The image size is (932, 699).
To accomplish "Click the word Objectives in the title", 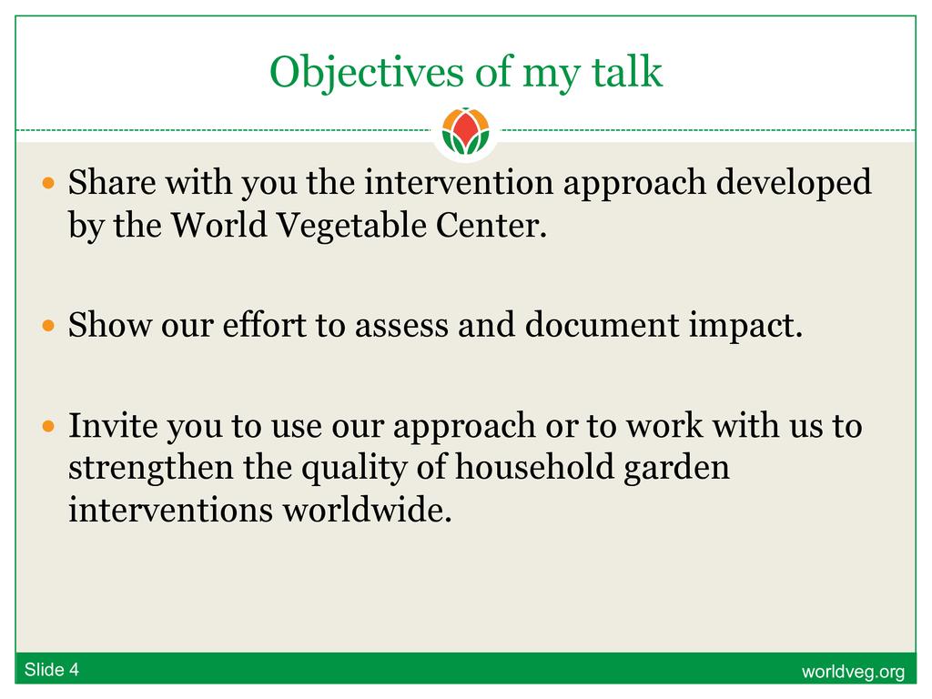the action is pyautogui.click(x=366, y=73).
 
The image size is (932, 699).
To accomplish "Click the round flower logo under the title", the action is pyautogui.click(x=465, y=131).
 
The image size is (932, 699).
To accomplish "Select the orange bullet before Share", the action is pyautogui.click(x=49, y=182).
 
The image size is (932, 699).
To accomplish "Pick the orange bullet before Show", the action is pyautogui.click(x=49, y=326).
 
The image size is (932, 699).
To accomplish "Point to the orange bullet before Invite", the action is pyautogui.click(x=49, y=426).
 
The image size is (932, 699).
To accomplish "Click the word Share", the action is pyautogui.click(x=112, y=182).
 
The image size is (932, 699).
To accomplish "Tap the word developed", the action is pyautogui.click(x=794, y=183).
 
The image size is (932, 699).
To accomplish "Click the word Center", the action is pyautogui.click(x=491, y=226).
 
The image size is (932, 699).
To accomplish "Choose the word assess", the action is pyautogui.click(x=401, y=327).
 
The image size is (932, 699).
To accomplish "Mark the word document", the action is pyautogui.click(x=602, y=325).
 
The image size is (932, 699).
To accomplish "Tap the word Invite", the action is pyautogui.click(x=112, y=426).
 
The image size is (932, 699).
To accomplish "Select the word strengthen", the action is pyautogui.click(x=150, y=469).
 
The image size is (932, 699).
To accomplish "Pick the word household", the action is pyautogui.click(x=534, y=467).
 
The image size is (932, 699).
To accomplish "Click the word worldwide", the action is pyautogui.click(x=367, y=510).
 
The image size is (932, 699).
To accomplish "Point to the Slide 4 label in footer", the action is pyautogui.click(x=52, y=670).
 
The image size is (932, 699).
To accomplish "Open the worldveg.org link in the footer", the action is pyautogui.click(x=853, y=672).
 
